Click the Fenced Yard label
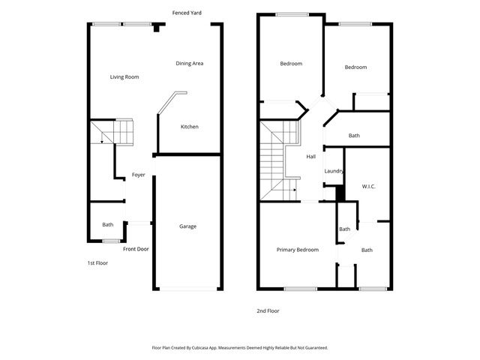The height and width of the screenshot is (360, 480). click(186, 13)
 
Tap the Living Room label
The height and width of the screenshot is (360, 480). click(124, 76)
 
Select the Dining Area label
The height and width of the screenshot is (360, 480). click(189, 63)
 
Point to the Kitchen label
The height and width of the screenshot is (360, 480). click(190, 127)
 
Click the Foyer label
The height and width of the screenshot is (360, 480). click(139, 175)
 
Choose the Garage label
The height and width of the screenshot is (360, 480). click(187, 226)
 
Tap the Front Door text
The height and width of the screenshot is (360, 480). click(136, 249)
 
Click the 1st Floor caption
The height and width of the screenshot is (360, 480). click(97, 263)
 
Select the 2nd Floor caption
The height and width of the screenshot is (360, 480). click(268, 310)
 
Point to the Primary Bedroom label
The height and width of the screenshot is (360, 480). click(297, 250)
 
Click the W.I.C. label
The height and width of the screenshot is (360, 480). click(368, 186)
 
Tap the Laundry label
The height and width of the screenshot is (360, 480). click(334, 171)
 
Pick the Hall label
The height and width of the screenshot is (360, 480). click(311, 156)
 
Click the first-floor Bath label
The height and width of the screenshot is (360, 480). click(108, 224)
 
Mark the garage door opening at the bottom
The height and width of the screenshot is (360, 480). click(187, 289)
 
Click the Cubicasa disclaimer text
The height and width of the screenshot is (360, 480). click(239, 348)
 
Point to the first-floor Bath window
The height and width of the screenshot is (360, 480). click(111, 241)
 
